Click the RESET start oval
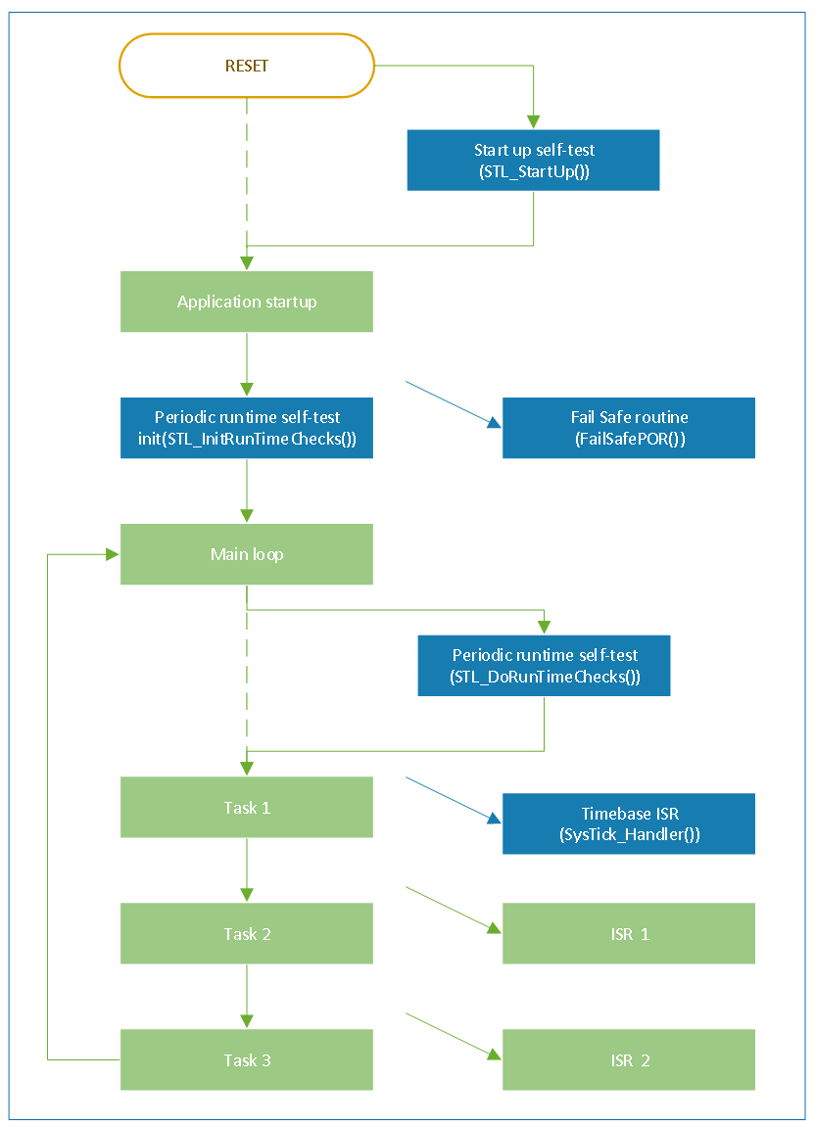point(247,66)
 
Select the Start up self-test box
point(533,161)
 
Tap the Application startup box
point(247,302)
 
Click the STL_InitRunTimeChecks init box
point(247,428)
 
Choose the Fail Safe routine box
point(629,428)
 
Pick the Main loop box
point(247,554)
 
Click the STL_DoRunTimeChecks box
point(544,666)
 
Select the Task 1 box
point(247,807)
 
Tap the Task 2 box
point(247,934)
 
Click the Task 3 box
point(247,1060)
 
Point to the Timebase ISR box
point(629,823)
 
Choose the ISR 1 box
point(629,934)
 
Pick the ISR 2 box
point(629,1060)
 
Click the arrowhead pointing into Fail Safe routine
point(495,423)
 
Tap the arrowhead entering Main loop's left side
point(113,554)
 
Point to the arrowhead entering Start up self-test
point(533,122)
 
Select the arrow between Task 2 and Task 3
point(247,997)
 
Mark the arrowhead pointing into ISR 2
point(495,1055)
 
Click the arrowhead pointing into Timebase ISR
point(495,818)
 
